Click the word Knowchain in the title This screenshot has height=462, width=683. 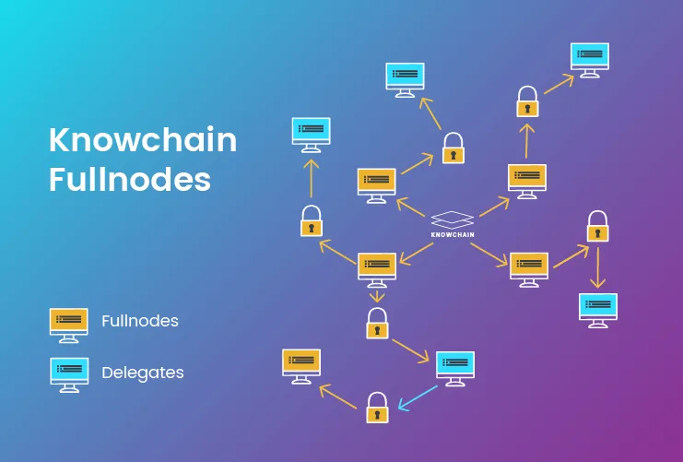[x=143, y=139]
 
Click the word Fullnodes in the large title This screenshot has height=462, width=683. [x=130, y=179]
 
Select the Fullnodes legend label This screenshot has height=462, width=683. [x=140, y=321]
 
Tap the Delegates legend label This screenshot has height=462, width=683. [x=143, y=373]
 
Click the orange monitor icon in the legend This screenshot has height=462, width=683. [x=69, y=326]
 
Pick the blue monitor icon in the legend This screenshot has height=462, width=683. [x=69, y=375]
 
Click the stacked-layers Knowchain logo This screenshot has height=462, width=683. [x=453, y=220]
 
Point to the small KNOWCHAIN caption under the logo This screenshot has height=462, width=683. [x=453, y=234]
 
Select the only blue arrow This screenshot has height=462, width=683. [x=418, y=398]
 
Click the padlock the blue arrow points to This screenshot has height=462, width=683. [x=377, y=408]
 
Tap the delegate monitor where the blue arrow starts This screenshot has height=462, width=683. [x=455, y=369]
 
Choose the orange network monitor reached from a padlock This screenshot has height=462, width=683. [x=301, y=366]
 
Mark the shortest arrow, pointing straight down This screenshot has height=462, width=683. [x=377, y=296]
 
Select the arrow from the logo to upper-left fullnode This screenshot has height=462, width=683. [x=411, y=207]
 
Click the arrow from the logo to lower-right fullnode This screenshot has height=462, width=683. [x=489, y=255]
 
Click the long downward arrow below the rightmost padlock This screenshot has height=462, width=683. [x=597, y=268]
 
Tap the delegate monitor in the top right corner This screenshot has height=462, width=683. [x=590, y=60]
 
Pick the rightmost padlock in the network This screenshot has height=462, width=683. [x=597, y=226]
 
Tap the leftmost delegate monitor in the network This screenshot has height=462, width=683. [x=311, y=136]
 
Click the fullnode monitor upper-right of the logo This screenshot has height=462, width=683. [x=527, y=182]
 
